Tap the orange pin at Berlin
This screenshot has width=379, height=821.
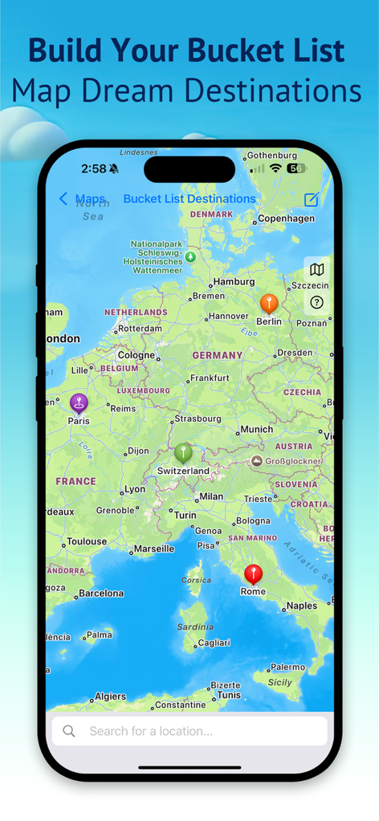[x=269, y=303]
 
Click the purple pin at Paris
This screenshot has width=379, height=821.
[x=78, y=402]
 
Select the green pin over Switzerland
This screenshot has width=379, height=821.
[x=183, y=452]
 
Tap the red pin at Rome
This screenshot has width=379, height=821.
[x=253, y=573]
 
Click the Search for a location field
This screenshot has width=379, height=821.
[x=189, y=730]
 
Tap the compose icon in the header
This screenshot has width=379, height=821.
[x=312, y=199]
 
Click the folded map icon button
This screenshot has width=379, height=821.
[x=317, y=269]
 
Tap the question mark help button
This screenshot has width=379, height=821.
[x=317, y=302]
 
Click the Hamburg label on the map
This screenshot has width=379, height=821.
[x=234, y=281]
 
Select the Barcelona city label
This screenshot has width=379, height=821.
[x=100, y=593]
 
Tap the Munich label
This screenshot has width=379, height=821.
[x=257, y=429]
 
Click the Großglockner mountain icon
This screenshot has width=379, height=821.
[x=256, y=461]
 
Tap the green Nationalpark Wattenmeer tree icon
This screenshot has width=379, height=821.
[x=190, y=257]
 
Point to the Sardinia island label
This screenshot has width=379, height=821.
[x=195, y=627]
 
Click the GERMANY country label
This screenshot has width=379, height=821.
[x=217, y=355]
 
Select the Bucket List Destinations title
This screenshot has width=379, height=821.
[x=189, y=199]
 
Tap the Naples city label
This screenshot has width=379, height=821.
[x=302, y=605]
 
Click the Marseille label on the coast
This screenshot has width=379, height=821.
[x=153, y=548]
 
